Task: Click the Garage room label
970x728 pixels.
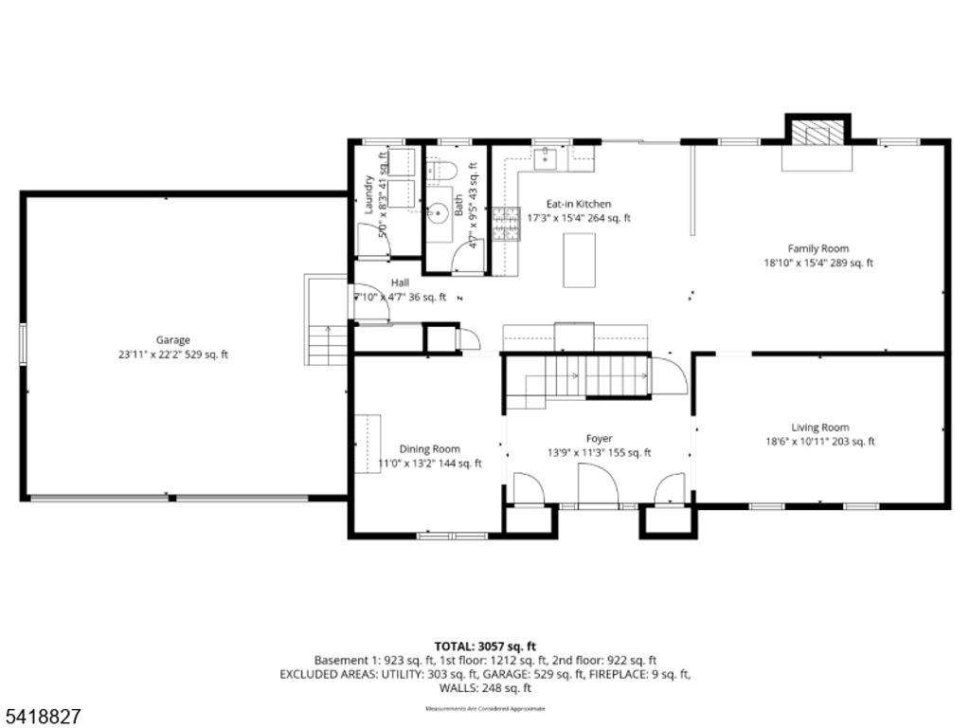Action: pos(173,339)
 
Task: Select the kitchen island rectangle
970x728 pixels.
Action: pos(579,260)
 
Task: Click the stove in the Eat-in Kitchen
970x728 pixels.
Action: pos(506,224)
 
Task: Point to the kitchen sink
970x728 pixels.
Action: pos(546,157)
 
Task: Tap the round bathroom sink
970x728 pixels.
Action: pos(439,212)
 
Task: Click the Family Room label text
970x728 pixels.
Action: pos(818,248)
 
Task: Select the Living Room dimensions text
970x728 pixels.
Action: pos(820,442)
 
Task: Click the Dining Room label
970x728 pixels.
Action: pos(429,449)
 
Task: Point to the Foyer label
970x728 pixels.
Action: pos(599,438)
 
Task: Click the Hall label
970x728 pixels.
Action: pos(400,282)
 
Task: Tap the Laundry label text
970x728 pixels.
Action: pos(370,195)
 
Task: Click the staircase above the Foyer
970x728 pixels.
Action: pos(577,377)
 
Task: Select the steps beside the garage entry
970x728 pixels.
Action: pos(327,343)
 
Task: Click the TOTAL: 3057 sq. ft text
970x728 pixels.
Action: pos(484,645)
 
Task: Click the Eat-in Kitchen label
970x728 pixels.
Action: pos(579,204)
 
